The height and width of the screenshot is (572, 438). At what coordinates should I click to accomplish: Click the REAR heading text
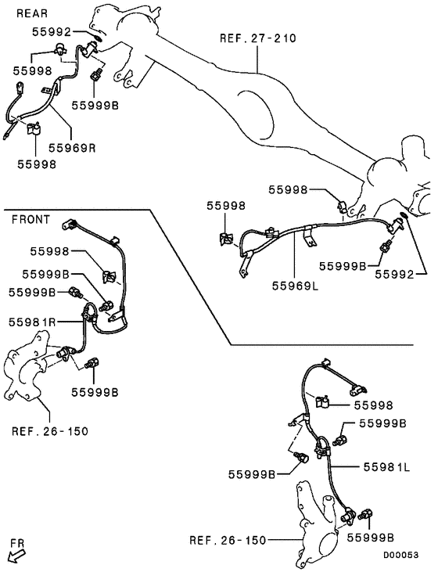coord(31,13)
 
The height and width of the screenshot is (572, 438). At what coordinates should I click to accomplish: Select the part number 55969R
coord(73,146)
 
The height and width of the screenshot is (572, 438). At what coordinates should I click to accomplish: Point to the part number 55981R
coord(32,322)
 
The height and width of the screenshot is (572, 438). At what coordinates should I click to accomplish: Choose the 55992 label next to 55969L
coord(399,275)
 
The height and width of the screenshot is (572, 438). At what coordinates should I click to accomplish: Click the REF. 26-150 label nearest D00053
coord(228,540)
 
